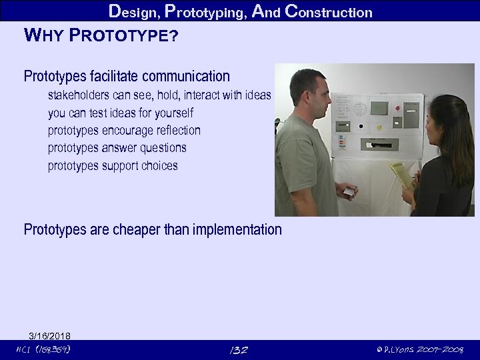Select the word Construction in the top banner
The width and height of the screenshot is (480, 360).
tap(328, 12)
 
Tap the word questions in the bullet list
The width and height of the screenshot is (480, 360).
tap(163, 147)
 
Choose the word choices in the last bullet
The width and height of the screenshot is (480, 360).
tap(159, 165)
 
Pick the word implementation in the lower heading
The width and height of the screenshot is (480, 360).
tap(237, 230)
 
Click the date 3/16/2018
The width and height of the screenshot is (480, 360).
tap(49, 335)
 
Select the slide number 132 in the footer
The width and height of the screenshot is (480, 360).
tap(239, 350)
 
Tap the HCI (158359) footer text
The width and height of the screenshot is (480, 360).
tap(43, 350)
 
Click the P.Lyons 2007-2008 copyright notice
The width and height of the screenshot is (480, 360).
tap(420, 350)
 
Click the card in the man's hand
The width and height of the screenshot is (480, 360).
tap(349, 192)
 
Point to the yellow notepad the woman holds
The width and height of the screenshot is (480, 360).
tap(400, 175)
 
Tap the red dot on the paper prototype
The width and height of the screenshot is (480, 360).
tap(397, 107)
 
